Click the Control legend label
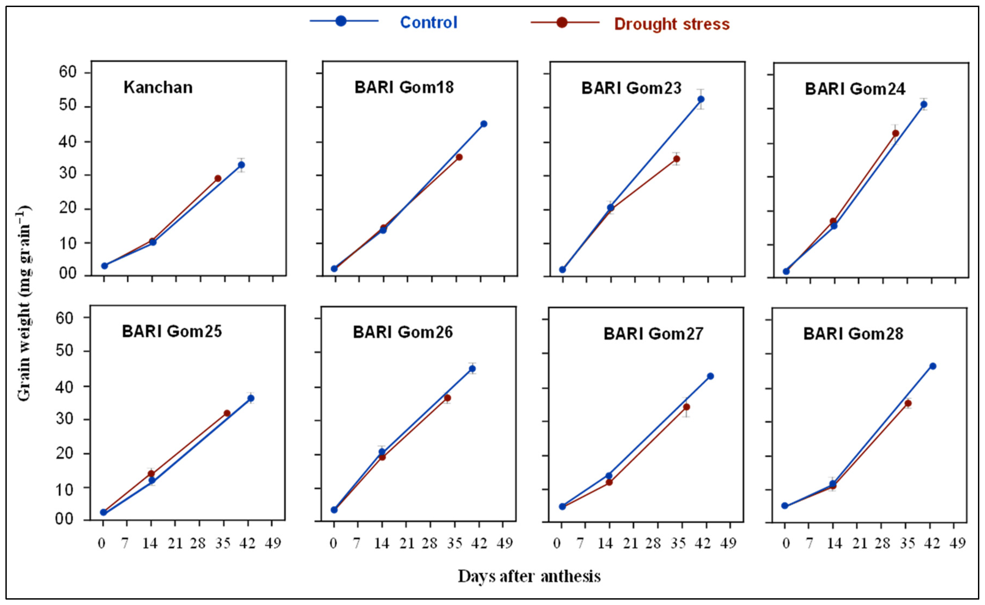click(428, 22)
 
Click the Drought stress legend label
click(672, 24)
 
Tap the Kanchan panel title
click(158, 87)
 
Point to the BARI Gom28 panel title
click(853, 333)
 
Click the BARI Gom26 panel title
click(402, 332)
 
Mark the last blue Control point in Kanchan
click(241, 165)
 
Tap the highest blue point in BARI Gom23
click(701, 99)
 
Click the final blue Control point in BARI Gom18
click(484, 124)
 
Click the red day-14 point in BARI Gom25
click(151, 474)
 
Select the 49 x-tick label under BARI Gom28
click(958, 543)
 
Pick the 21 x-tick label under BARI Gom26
click(407, 543)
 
